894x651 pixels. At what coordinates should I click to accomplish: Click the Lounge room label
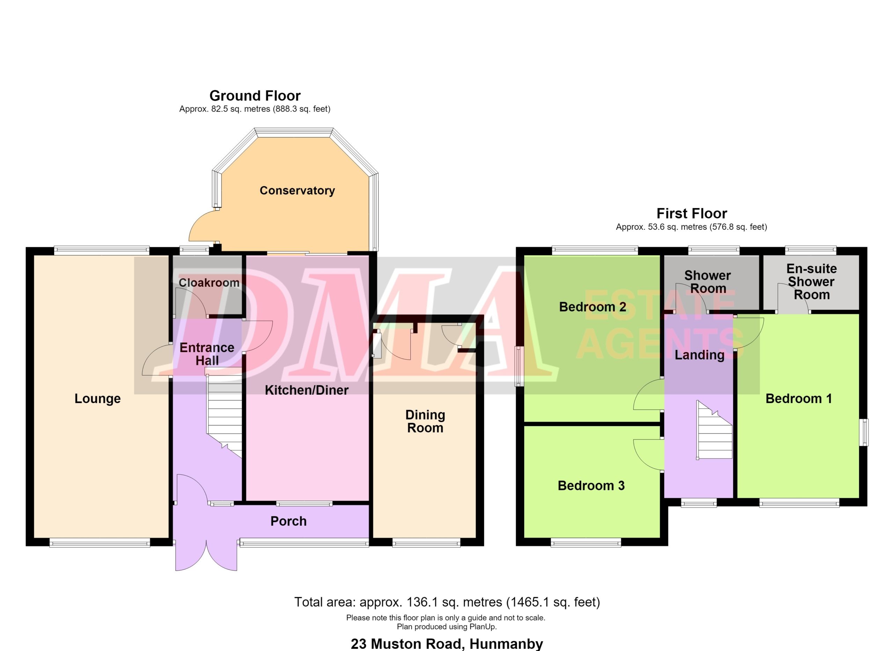[x=97, y=399]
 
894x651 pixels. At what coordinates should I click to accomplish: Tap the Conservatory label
[x=297, y=191]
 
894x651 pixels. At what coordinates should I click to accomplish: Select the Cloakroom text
[x=209, y=282]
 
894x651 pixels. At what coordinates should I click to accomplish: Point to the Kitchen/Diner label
[x=307, y=390]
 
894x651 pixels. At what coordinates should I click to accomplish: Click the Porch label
[x=288, y=521]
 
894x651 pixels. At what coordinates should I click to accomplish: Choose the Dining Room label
[x=425, y=421]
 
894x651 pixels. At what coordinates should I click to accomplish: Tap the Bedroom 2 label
[x=593, y=307]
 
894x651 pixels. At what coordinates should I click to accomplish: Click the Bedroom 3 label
[x=591, y=486]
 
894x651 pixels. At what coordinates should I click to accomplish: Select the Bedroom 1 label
[x=799, y=399]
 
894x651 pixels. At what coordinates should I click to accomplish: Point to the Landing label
[x=700, y=355]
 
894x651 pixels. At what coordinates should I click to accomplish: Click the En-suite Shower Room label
[x=812, y=282]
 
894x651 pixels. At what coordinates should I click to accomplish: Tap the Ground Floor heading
[x=255, y=96]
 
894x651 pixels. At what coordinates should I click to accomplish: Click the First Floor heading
[x=692, y=214]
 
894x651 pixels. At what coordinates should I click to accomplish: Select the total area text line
[x=447, y=602]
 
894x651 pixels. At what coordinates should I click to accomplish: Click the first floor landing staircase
[x=714, y=430]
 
